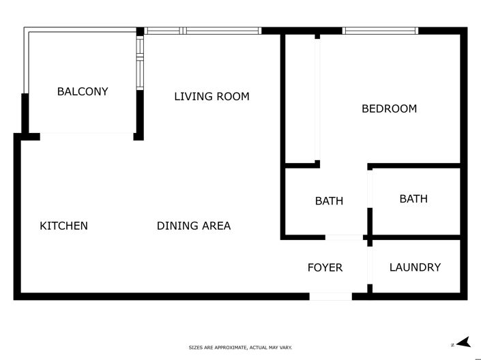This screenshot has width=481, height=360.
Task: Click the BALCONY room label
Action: pyautogui.click(x=83, y=91)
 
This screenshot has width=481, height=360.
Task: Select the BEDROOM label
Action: pyautogui.click(x=389, y=108)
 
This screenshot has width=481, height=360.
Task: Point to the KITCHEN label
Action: pyautogui.click(x=63, y=226)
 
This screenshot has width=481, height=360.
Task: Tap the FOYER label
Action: pyautogui.click(x=325, y=267)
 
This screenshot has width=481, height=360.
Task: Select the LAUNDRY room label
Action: pyautogui.click(x=415, y=267)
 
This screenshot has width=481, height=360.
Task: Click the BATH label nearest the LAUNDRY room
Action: pyautogui.click(x=413, y=199)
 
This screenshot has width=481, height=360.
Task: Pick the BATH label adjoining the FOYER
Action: pyautogui.click(x=329, y=201)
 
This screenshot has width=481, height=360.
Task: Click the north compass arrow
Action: pyautogui.click(x=463, y=342)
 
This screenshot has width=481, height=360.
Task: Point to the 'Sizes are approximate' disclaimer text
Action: pyautogui.click(x=240, y=348)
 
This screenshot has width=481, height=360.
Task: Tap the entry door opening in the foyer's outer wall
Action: pyautogui.click(x=331, y=297)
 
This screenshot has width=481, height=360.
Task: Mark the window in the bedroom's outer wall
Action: pyautogui.click(x=380, y=31)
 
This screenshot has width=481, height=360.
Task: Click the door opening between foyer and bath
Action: pyautogui.click(x=345, y=237)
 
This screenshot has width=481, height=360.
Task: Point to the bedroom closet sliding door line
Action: pyautogui.click(x=317, y=99)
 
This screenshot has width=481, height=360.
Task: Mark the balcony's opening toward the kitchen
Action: pyautogui.click(x=87, y=135)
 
